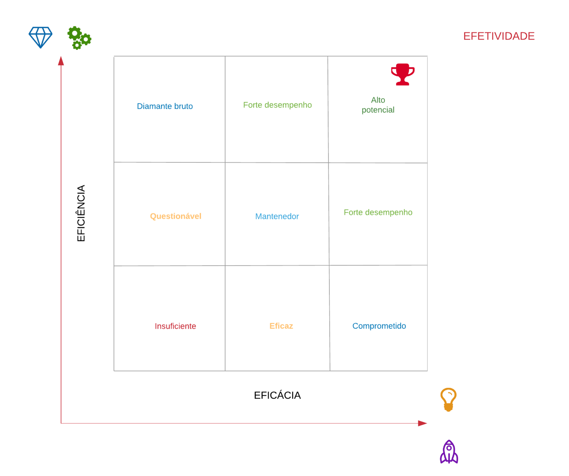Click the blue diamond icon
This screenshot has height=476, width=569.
click(x=40, y=37)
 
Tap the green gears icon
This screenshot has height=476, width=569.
click(x=79, y=38)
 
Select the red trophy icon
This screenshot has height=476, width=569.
click(x=402, y=74)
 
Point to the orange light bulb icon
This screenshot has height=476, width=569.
click(x=448, y=399)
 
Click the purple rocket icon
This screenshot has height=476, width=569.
click(x=449, y=452)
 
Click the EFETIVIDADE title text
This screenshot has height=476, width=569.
click(x=498, y=36)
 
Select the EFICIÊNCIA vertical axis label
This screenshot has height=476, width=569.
click(x=81, y=213)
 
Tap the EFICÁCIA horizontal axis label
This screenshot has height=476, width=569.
click(x=277, y=395)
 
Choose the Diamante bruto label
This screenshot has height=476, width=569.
click(x=165, y=106)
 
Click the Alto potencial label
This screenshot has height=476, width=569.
click(x=378, y=105)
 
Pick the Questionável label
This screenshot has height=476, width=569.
click(x=175, y=216)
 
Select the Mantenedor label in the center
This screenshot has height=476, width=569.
click(x=277, y=216)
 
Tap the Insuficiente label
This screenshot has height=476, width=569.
click(x=175, y=326)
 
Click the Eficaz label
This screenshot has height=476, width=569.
click(x=281, y=326)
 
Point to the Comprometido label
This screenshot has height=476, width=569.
click(x=379, y=326)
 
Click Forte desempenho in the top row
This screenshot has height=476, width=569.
click(x=277, y=105)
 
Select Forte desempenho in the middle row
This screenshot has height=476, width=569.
click(x=378, y=212)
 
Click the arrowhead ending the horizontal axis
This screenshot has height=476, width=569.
click(x=422, y=423)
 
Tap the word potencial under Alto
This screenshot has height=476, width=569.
click(x=378, y=110)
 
